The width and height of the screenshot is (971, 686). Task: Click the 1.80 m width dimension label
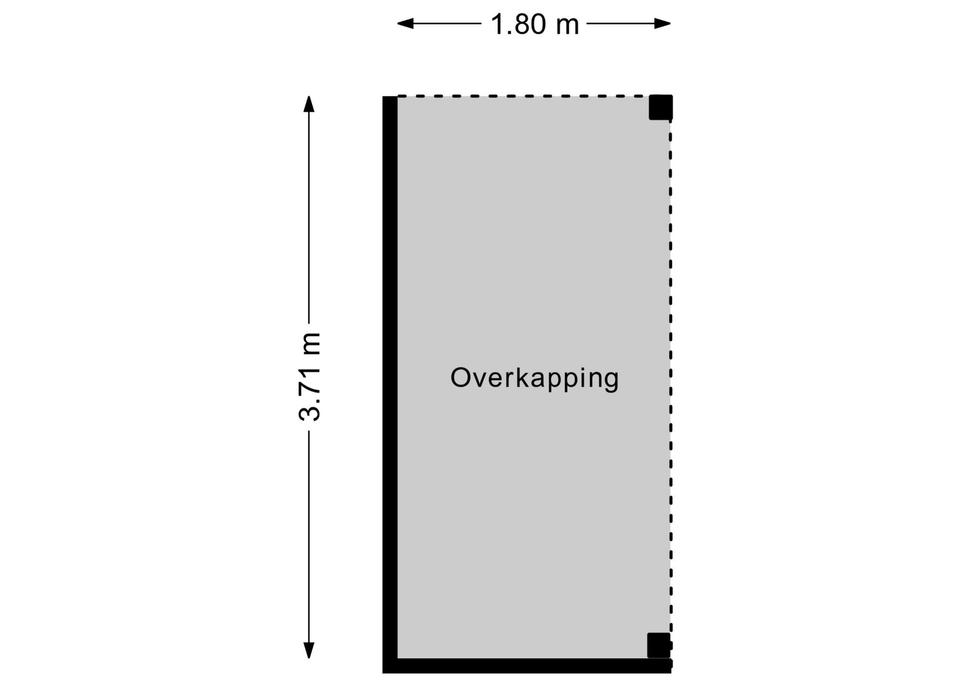[x=535, y=24]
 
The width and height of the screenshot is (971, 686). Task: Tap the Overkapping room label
[x=535, y=378]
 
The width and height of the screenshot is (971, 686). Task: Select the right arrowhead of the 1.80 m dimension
[x=663, y=23]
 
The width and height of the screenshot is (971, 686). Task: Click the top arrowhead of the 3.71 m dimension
[x=308, y=104]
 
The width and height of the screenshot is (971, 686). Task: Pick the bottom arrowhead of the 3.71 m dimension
[x=308, y=651]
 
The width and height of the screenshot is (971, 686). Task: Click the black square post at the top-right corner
[x=661, y=107]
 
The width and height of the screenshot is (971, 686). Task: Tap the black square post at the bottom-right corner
[x=659, y=645]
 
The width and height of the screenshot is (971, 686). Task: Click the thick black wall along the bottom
[x=527, y=666]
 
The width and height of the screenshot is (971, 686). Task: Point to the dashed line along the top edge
[x=523, y=96]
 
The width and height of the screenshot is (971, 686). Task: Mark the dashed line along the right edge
[x=671, y=376]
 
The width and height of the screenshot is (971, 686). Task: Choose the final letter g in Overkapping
[x=611, y=381]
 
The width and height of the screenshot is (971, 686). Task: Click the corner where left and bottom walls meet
[x=390, y=666]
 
